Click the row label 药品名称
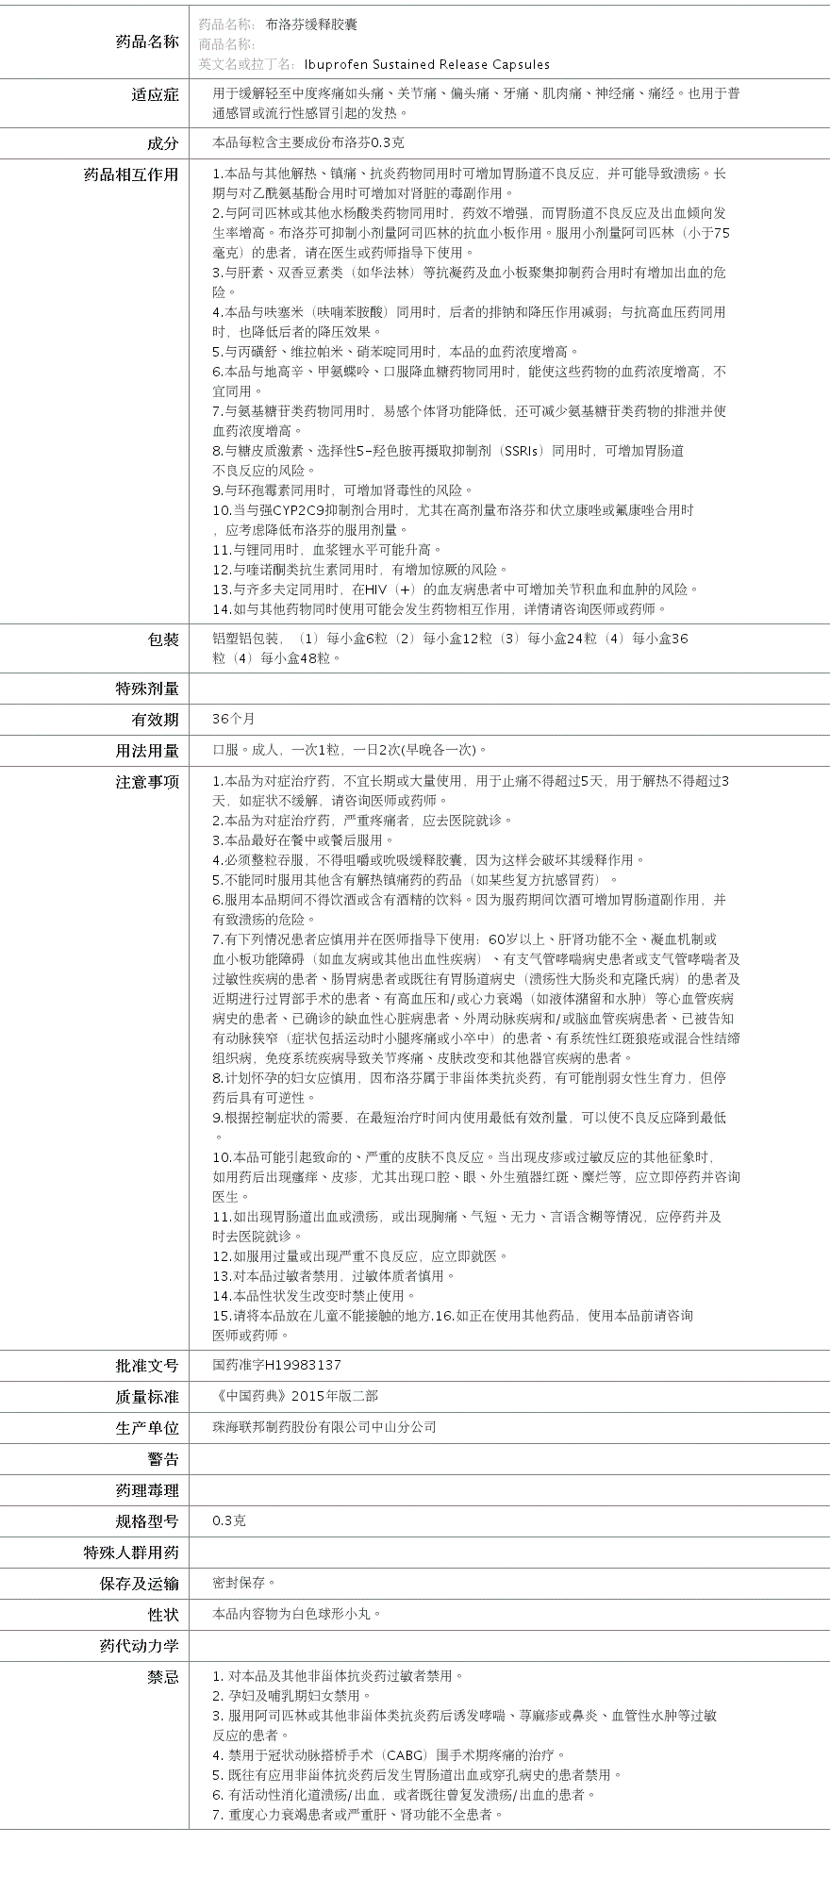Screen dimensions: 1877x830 point(146,42)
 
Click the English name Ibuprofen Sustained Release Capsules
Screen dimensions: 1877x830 point(426,64)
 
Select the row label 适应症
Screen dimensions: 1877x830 point(155,94)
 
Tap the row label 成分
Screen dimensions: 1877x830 point(162,142)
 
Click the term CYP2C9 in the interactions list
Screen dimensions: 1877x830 point(297,510)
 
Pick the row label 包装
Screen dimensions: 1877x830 point(162,640)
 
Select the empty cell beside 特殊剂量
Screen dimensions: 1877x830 point(509,689)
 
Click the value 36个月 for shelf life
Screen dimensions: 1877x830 point(234,719)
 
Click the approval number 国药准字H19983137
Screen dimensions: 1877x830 point(277,1365)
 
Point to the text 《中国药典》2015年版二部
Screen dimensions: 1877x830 point(295,1396)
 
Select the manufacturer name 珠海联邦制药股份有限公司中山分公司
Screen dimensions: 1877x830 point(324,1427)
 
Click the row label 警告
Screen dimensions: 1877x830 point(162,1459)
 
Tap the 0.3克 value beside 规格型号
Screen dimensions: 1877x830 point(229,1520)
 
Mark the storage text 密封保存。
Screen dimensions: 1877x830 point(244,1583)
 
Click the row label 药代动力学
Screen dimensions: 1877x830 point(139,1646)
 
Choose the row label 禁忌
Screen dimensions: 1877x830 point(162,1677)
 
